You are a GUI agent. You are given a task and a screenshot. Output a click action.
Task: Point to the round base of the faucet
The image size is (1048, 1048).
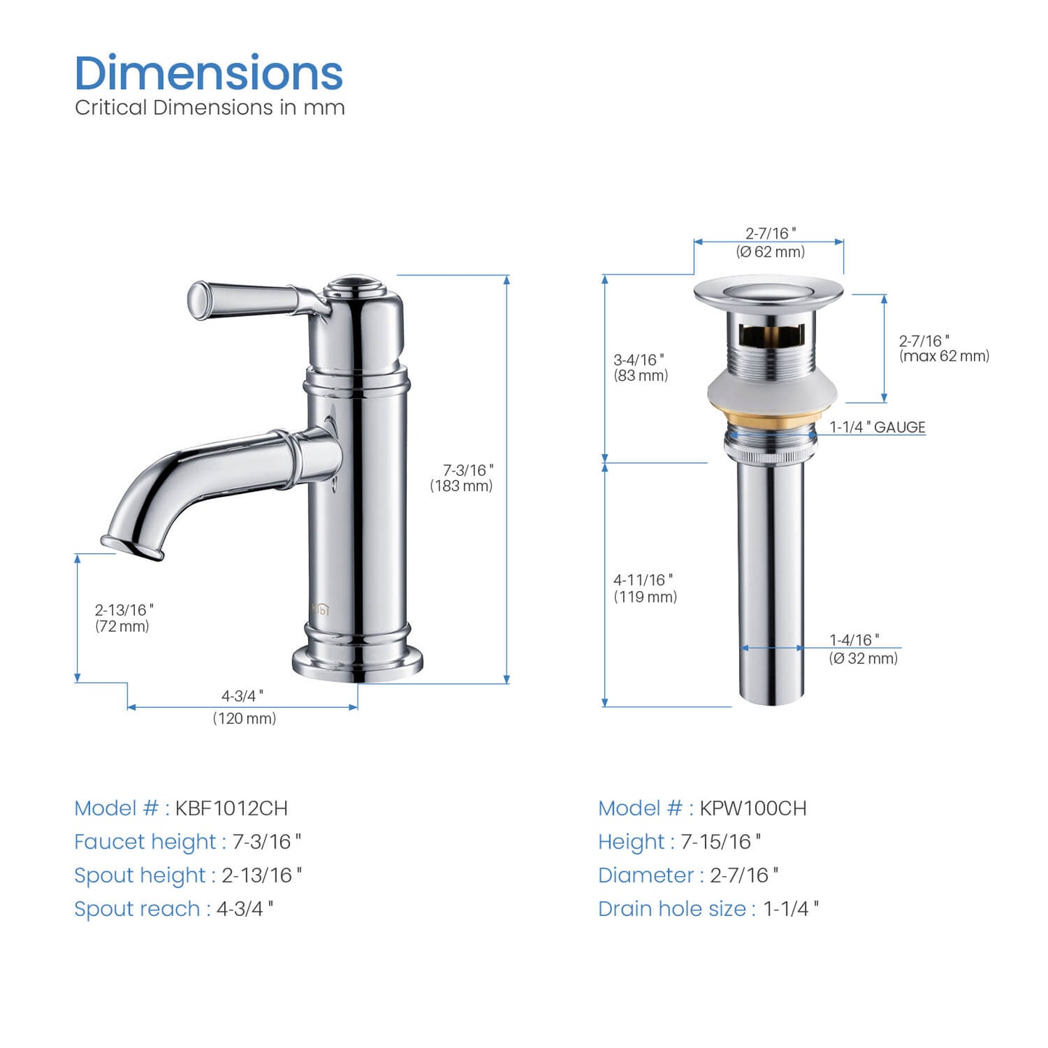point(358,663)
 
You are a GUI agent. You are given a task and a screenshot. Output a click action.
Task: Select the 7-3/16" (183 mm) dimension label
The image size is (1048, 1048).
point(461,478)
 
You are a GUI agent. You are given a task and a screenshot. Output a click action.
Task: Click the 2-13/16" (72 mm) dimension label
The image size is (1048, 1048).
point(123,618)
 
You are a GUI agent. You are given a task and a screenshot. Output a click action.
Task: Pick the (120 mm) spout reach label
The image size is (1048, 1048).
point(244,719)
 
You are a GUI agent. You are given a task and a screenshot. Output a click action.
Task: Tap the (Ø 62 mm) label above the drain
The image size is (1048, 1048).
point(770,252)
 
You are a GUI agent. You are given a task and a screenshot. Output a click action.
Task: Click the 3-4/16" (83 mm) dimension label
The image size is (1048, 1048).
point(640,368)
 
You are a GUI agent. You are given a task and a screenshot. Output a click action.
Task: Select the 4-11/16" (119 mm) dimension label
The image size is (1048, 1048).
point(645,588)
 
